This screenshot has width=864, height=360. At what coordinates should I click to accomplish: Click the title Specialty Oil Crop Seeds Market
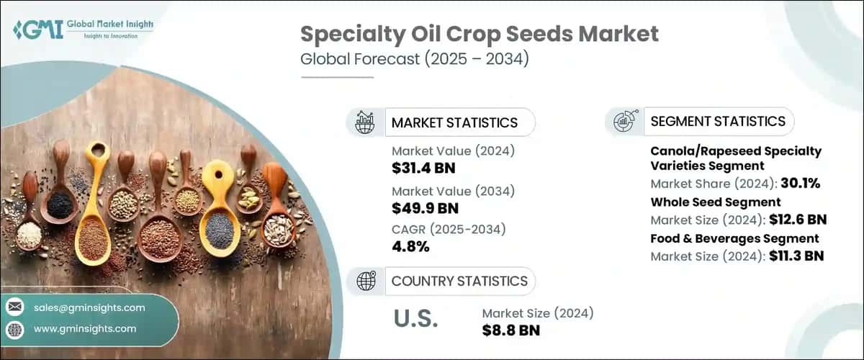click(x=479, y=35)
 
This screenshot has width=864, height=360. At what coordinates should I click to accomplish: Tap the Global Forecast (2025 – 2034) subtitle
click(x=415, y=59)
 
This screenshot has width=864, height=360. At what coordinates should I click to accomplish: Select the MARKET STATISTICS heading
click(x=454, y=122)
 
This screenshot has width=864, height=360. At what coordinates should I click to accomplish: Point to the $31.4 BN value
click(x=423, y=168)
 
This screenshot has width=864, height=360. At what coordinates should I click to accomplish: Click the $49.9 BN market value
click(x=424, y=208)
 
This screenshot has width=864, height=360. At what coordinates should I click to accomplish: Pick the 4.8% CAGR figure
click(x=410, y=247)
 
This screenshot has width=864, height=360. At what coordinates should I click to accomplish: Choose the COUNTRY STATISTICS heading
click(x=459, y=281)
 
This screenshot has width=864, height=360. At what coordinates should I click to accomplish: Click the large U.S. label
click(x=415, y=319)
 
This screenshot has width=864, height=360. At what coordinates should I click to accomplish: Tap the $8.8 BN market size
click(x=510, y=330)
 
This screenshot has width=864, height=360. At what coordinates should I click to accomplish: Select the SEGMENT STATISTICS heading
click(x=718, y=121)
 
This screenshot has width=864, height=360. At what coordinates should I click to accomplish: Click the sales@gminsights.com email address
click(x=89, y=307)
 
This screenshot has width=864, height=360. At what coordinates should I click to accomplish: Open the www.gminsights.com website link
click(x=85, y=328)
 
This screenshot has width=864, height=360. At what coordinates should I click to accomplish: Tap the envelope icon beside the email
click(x=15, y=307)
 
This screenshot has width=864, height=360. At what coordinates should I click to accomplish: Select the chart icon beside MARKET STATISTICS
click(x=365, y=122)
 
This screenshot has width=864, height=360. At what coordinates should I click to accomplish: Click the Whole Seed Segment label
click(x=716, y=202)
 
